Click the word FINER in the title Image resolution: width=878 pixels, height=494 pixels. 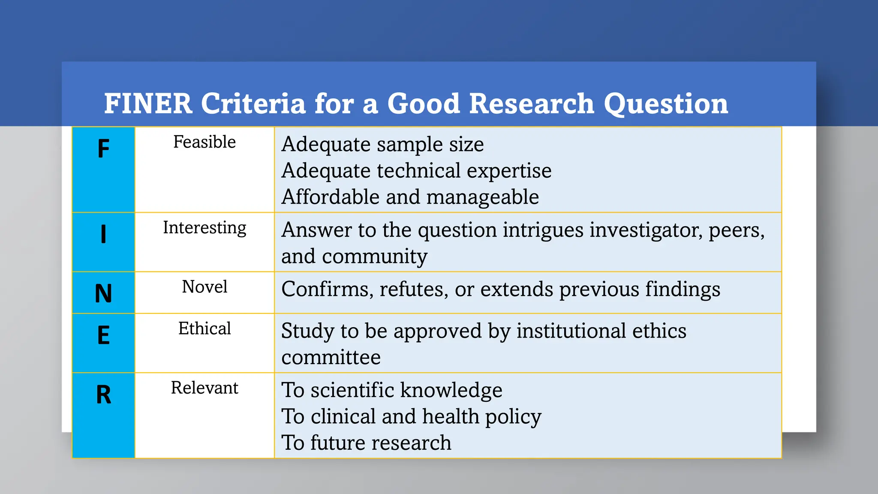coord(148,104)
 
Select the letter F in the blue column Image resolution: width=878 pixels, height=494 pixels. coord(103,149)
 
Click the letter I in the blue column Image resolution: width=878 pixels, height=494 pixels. coord(103,235)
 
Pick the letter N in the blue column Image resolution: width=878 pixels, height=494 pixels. coord(103,294)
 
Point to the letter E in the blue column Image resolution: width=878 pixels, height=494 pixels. coord(103,335)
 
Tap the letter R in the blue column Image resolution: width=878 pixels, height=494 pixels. coord(103,395)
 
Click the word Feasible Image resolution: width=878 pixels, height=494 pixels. coord(204,142)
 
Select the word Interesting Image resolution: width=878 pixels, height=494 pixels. coord(204,228)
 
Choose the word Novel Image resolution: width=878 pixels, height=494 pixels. coord(204,287)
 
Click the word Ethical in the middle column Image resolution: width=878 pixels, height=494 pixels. coord(204,328)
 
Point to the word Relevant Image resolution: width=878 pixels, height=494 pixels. coord(204,388)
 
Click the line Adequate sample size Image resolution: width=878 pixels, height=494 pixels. coord(382,144)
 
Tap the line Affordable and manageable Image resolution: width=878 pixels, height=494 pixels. coord(410,197)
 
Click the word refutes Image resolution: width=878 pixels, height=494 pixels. coord(414,289)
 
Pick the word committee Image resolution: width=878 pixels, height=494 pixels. coord(331,357)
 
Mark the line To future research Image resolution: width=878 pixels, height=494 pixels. coord(366,443)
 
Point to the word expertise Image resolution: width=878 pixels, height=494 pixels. coord(509,171)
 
